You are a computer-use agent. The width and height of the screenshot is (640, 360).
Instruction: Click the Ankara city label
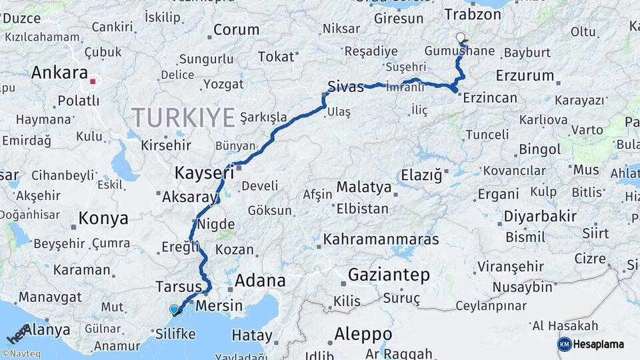coord(59,72)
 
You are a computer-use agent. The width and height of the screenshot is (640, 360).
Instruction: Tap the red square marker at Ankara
coord(93,82)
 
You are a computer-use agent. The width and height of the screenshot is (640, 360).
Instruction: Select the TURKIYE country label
coord(183,117)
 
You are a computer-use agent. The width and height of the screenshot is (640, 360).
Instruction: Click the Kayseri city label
coord(204,173)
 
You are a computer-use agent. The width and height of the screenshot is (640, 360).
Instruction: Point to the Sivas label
coord(345,86)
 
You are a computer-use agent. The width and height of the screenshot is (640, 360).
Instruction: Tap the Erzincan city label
coord(490,98)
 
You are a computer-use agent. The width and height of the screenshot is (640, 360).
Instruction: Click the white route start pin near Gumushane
coord(460,38)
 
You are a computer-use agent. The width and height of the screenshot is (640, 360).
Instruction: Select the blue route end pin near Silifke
coord(175,309)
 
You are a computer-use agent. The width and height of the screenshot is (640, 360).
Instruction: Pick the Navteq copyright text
coord(21,354)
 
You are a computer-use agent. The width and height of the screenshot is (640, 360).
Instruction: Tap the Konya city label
coord(103,218)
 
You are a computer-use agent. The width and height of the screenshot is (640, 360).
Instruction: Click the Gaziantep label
coord(389,275)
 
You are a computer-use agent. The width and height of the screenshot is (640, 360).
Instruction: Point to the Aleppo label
coord(363,333)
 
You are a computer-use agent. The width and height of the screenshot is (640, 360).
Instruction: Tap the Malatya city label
coord(363,187)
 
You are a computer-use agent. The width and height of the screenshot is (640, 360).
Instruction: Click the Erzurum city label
coord(525,75)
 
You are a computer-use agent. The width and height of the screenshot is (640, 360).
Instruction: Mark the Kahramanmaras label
coord(381,239)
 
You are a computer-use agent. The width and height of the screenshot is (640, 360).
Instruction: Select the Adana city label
coord(260,281)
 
